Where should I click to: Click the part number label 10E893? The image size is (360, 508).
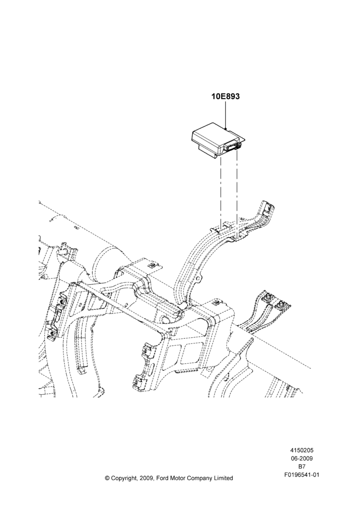pos(226,96)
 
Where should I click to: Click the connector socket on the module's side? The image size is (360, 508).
pos(232,147)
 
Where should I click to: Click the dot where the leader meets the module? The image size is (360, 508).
pos(225,129)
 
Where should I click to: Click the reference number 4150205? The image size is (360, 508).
pos(302,450)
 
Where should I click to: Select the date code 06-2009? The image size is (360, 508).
pos(302,458)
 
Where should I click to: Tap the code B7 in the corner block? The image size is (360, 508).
pos(302,466)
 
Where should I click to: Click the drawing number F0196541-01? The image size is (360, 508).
pos(302,474)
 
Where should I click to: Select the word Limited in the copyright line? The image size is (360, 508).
pos(223,478)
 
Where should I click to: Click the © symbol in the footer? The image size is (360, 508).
pos(107,478)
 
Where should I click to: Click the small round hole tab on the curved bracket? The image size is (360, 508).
pos(200,278)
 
